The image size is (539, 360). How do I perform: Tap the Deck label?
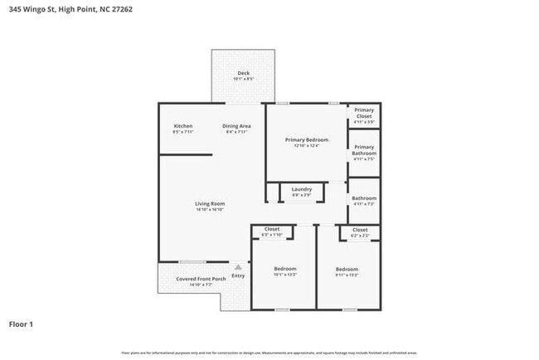coord(243,73)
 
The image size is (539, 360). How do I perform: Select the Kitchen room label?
coord(182,126)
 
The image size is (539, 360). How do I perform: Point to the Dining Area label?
coord(236,126)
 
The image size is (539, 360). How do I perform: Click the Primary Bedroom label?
coord(306,140)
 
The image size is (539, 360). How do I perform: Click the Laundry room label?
coord(301,189)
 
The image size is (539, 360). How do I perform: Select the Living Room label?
coord(210,203)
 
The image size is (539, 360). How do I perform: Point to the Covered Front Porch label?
coord(201,279)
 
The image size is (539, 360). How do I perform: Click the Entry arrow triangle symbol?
coord(238,267)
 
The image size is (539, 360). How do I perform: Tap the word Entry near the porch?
coord(238,275)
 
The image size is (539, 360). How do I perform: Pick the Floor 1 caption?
coord(21,324)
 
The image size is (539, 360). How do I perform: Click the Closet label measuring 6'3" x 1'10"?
coord(272,229)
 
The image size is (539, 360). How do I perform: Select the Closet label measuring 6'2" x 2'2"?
coord(360,230)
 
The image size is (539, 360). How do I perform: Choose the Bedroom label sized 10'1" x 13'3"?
coord(285,269)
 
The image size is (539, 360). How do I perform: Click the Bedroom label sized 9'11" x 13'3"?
coord(347,269)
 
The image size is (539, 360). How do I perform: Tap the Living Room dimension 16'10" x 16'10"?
coord(210,209)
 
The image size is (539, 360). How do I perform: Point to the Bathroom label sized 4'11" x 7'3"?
coord(363,198)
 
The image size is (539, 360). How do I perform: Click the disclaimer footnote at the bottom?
coord(269,353)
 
